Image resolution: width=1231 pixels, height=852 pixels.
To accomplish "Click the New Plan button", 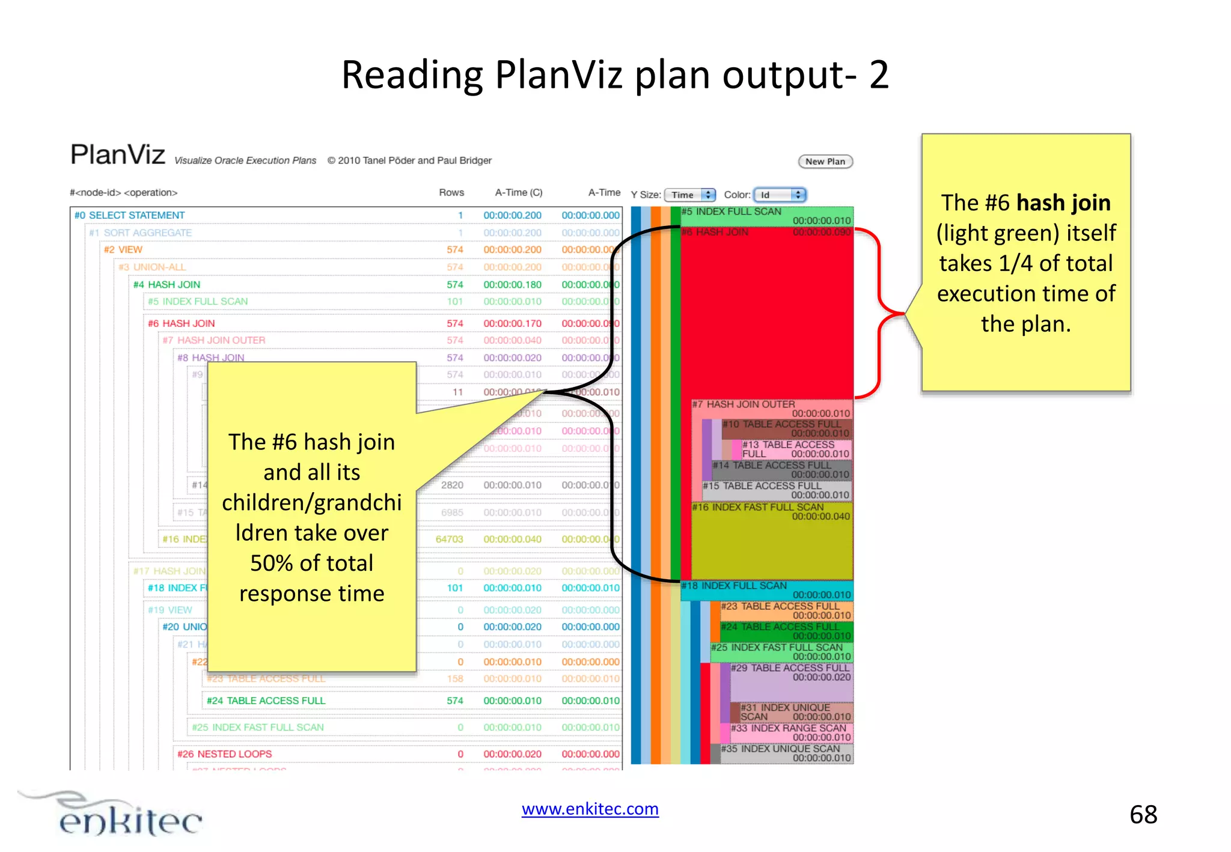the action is [825, 161].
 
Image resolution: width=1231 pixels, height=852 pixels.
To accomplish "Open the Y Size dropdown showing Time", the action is [689, 195].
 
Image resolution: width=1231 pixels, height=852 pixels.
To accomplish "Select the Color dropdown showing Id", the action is [780, 195].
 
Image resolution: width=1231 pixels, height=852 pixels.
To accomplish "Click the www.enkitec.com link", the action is [590, 809].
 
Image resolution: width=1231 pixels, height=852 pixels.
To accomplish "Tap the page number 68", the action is [1143, 815].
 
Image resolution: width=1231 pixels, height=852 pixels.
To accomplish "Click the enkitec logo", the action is [120, 815].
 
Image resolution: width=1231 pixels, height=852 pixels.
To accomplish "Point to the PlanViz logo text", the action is [118, 154].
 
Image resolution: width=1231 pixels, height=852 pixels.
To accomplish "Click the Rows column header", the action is [451, 192].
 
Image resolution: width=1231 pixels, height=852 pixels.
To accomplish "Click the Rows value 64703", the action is [449, 539].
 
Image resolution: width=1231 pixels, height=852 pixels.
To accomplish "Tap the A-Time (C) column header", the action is [518, 192].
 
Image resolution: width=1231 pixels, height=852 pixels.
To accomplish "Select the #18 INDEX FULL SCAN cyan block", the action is [766, 590].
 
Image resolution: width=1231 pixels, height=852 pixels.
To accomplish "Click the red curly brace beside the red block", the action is [879, 313].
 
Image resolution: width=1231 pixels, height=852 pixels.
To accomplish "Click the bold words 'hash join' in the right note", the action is [1063, 203].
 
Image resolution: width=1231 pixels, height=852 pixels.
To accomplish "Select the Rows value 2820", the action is [452, 485].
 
